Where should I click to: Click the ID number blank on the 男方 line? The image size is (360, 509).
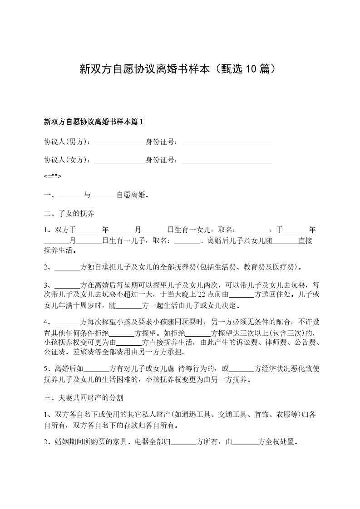[227, 143]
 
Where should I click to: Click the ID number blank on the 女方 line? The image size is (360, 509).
[227, 161]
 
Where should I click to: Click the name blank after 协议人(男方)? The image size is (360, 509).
[119, 143]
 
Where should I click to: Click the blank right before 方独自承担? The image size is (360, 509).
[67, 268]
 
